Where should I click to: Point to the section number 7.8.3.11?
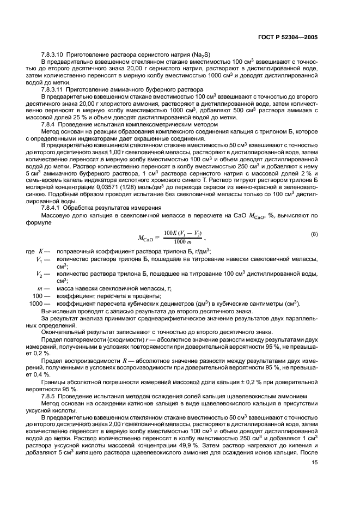[53, 88]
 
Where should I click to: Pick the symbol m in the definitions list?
[39, 288]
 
